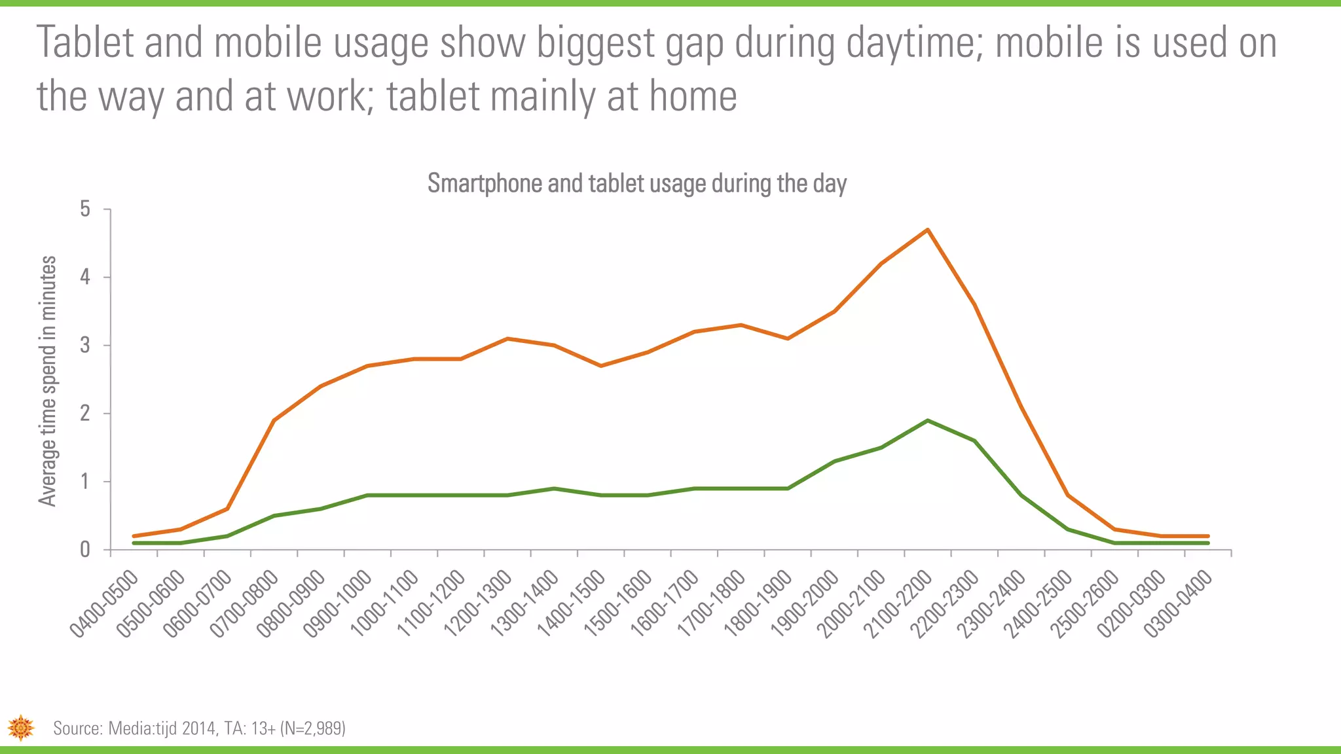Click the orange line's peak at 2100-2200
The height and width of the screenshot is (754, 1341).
(x=928, y=230)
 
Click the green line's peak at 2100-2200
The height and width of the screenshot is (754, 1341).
(x=928, y=420)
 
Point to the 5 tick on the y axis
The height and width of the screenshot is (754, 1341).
(x=85, y=209)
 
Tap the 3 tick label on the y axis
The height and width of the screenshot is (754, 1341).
(x=85, y=345)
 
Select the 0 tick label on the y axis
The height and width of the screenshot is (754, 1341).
(x=85, y=550)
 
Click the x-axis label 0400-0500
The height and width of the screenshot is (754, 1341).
(x=105, y=603)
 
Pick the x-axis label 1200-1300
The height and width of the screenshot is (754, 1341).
(x=478, y=603)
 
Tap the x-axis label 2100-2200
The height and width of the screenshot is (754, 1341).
(x=898, y=603)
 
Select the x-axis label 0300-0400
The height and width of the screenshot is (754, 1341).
(x=1179, y=603)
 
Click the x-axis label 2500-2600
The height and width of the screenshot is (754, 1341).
(x=1085, y=603)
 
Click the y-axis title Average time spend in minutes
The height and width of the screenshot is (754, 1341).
(x=47, y=381)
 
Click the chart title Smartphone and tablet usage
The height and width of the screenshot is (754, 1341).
(x=636, y=183)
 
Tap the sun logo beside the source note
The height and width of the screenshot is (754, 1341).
(x=21, y=727)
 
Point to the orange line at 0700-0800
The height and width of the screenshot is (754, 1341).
(x=274, y=420)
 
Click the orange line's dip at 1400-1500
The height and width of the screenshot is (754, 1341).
(x=601, y=365)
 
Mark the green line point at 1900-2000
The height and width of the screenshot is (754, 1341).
(x=834, y=461)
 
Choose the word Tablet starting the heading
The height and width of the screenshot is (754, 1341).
(x=85, y=43)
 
